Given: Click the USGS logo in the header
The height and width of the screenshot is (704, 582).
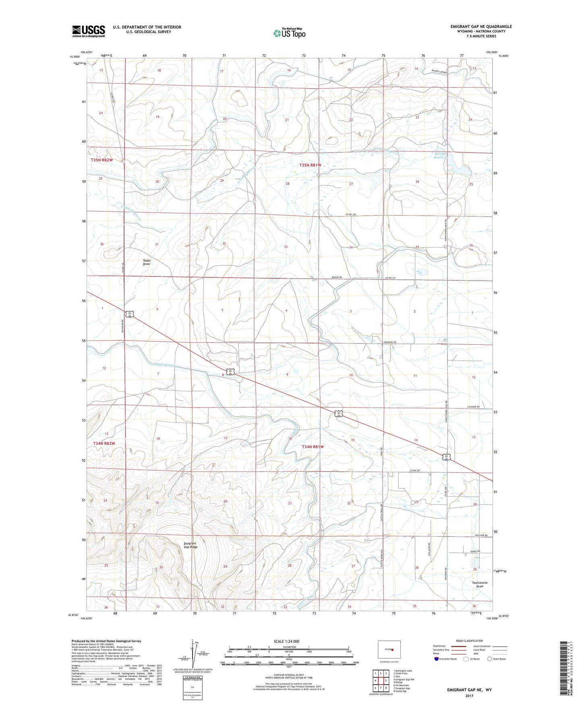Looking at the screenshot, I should tap(89, 31).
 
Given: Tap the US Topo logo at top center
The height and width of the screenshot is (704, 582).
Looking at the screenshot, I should tap(289, 33).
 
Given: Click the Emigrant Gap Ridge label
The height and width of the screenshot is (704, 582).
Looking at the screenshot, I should tap(191, 545).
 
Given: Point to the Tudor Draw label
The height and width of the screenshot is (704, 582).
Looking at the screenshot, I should tap(147, 262).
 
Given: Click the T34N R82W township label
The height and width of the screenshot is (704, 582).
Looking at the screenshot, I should tap(104, 443).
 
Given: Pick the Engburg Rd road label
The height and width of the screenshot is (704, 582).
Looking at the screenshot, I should tap(389, 342).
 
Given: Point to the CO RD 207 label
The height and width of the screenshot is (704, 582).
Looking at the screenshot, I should tap(418, 471).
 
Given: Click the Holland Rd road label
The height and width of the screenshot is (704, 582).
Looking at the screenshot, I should tap(481, 535).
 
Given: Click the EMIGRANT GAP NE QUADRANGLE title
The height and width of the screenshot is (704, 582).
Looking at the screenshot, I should tap(481, 27).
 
